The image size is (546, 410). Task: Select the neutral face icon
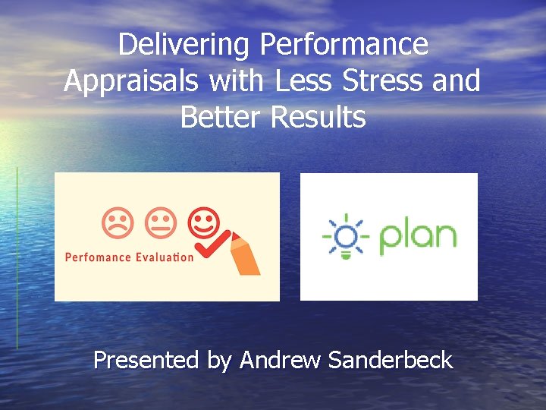click(x=159, y=223)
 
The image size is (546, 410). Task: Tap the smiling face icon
click(x=203, y=222)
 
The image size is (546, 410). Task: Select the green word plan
click(x=418, y=236)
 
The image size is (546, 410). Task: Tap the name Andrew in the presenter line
click(x=280, y=360)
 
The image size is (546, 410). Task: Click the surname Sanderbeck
click(x=391, y=360)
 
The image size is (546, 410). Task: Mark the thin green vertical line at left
click(x=17, y=258)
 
